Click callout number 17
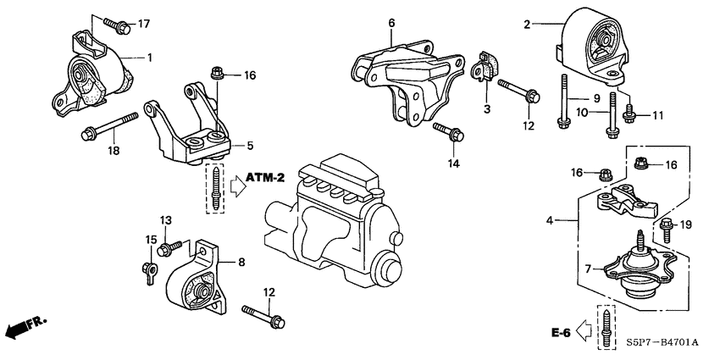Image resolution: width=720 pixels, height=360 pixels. point(143,22)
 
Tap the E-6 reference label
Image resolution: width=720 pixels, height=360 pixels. point(560,333)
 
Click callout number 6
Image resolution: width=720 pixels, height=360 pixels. point(391,23)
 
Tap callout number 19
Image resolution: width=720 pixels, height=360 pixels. point(687,224)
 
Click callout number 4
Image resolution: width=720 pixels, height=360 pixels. point(551,220)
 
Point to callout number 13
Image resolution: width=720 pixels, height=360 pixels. point(165,220)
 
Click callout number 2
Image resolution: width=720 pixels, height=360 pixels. point(526,25)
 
